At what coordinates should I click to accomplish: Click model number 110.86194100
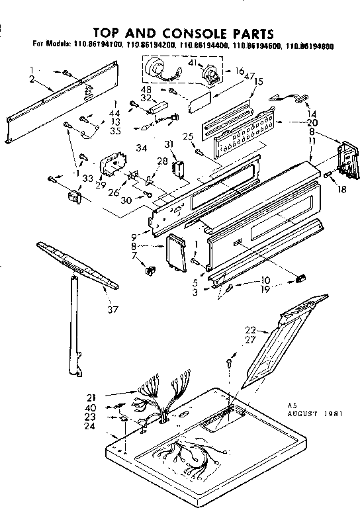coord(97,44)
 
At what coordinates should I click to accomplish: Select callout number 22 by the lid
coord(250,330)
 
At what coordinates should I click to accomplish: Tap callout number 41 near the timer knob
coord(193,62)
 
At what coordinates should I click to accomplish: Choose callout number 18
coord(342,189)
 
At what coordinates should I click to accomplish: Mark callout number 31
coord(168,145)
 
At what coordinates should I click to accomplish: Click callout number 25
coord(188,136)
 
